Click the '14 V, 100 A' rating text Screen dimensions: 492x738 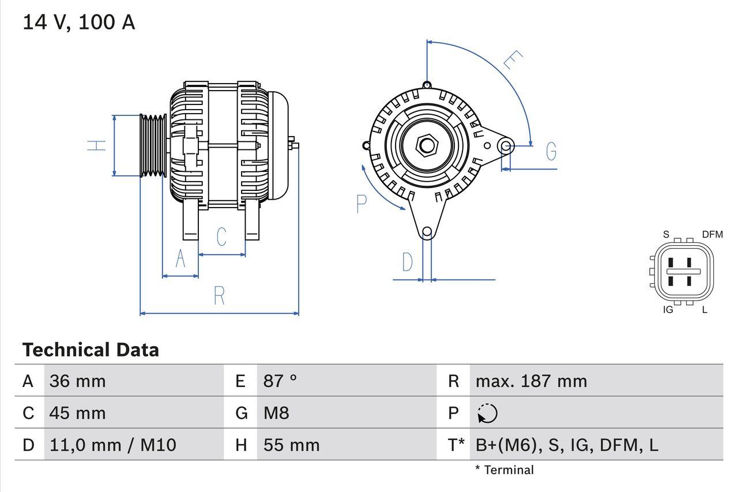[79, 22]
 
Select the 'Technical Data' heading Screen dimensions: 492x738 [91, 350]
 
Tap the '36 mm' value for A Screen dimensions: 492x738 [78, 381]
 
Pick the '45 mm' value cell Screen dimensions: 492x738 [78, 413]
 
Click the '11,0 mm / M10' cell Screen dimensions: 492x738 [113, 445]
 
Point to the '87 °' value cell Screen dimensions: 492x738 [280, 381]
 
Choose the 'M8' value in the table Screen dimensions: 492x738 [276, 413]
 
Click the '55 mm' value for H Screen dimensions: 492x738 [291, 445]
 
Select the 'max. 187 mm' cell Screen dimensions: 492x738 [531, 381]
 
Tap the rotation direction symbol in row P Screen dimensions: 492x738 [487, 413]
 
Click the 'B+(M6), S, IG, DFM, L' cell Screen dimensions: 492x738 [567, 445]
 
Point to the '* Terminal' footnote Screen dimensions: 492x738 [504, 470]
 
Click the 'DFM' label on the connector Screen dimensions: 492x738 [712, 234]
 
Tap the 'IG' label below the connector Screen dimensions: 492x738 [668, 310]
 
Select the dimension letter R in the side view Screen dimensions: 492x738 [219, 296]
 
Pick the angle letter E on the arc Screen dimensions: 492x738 [513, 59]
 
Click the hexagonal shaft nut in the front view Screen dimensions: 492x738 [427, 145]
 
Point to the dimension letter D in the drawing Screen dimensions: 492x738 [408, 262]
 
